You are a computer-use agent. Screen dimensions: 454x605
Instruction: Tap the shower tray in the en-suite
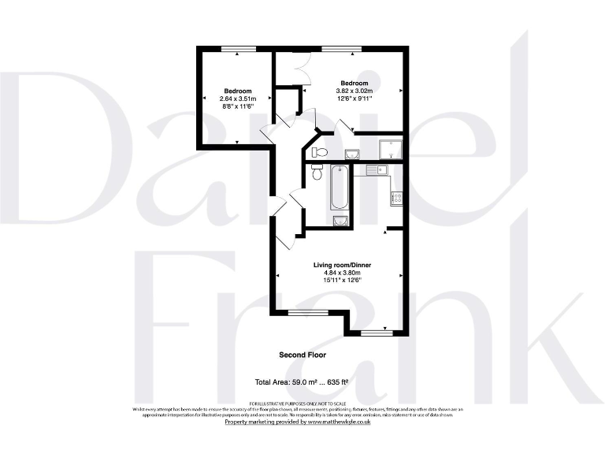pyautogui.click(x=390, y=149)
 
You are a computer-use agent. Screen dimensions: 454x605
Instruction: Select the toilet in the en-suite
pyautogui.click(x=318, y=151)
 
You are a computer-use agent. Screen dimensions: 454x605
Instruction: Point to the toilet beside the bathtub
pyautogui.click(x=317, y=173)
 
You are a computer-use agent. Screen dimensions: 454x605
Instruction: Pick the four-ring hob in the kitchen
pyautogui.click(x=397, y=198)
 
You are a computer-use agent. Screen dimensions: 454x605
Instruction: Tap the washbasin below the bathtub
pyautogui.click(x=340, y=220)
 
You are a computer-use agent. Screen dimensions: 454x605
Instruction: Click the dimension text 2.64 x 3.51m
pyautogui.click(x=237, y=99)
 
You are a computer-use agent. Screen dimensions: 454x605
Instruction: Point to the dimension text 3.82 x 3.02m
pyautogui.click(x=354, y=91)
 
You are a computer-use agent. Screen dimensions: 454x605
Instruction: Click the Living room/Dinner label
pyautogui.click(x=340, y=266)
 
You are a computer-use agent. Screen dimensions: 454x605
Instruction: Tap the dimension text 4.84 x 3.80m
pyautogui.click(x=340, y=274)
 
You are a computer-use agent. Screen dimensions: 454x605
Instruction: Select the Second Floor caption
pyautogui.click(x=302, y=355)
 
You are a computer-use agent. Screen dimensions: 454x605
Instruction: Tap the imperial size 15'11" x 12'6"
pyautogui.click(x=340, y=281)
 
